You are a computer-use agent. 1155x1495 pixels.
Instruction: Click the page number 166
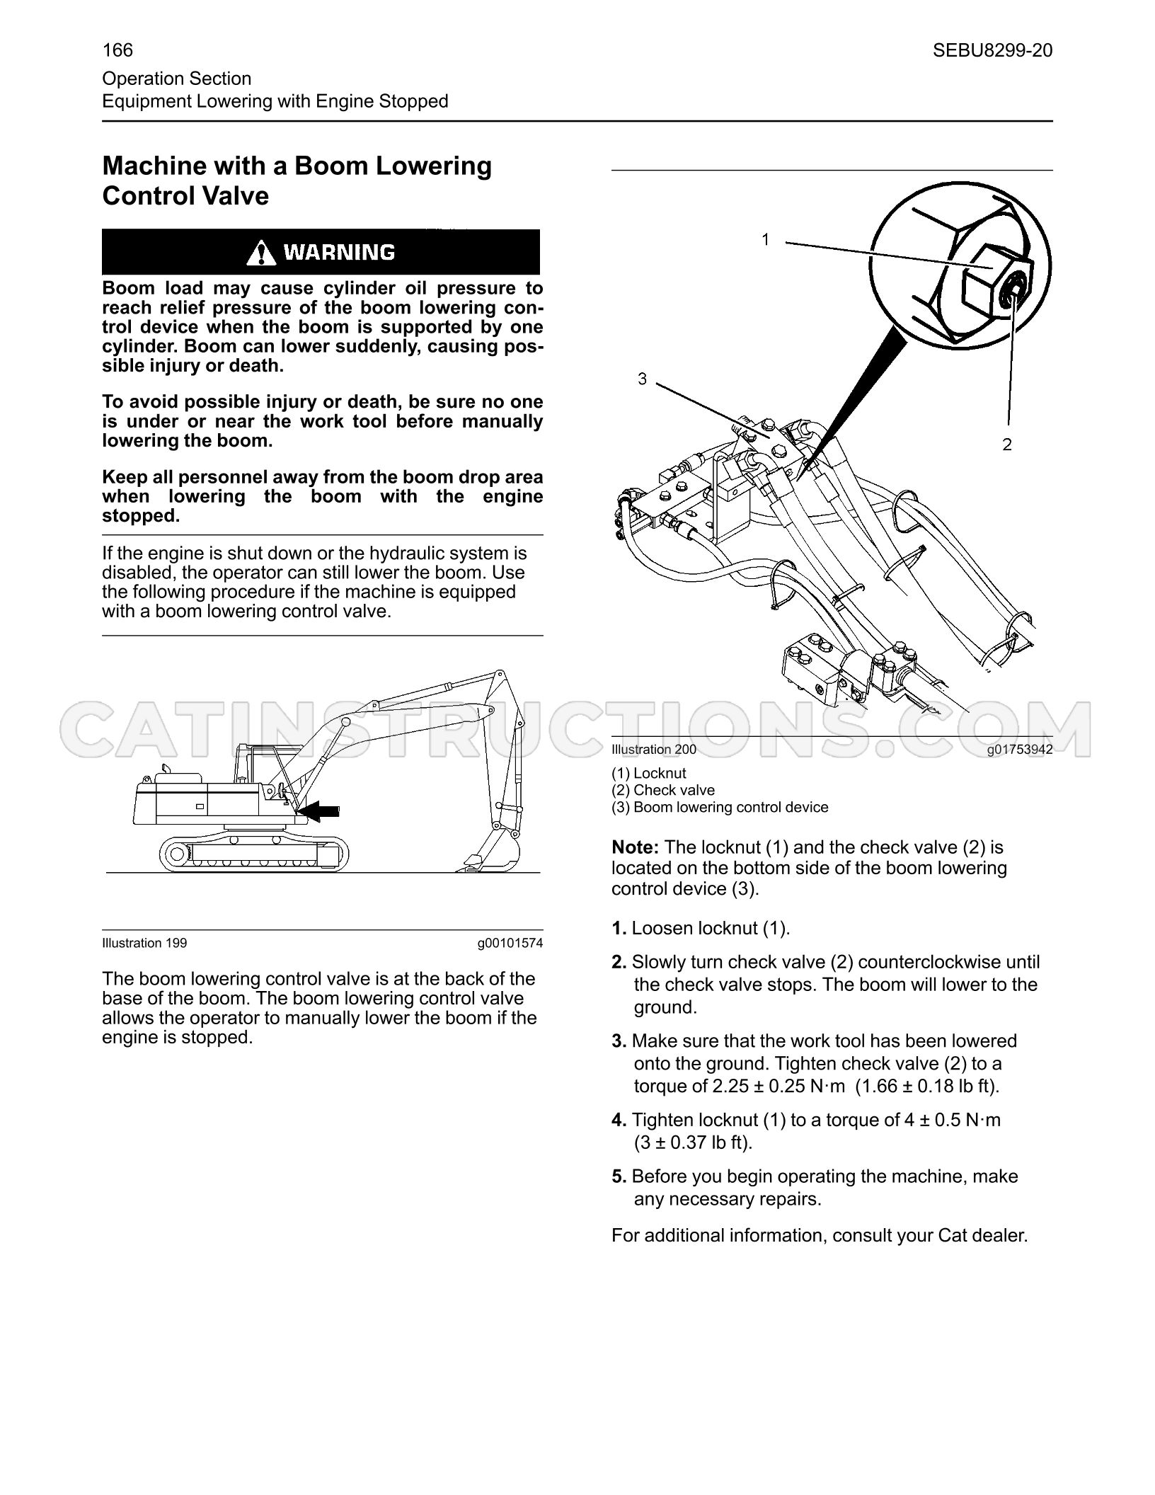point(117,50)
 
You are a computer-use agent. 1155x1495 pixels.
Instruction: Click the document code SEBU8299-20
point(992,50)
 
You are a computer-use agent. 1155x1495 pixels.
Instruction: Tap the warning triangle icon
point(262,252)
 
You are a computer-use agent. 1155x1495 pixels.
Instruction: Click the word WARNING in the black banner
point(339,252)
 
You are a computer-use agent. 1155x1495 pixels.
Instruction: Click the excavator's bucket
point(491,852)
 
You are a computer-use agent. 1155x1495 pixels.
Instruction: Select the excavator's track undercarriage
point(255,853)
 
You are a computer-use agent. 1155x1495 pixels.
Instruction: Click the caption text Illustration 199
point(144,943)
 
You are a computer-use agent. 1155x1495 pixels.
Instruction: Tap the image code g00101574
point(510,943)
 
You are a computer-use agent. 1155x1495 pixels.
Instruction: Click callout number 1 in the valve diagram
point(765,240)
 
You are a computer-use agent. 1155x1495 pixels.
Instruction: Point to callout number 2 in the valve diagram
point(1007,445)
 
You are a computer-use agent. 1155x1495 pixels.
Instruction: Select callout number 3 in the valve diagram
point(642,379)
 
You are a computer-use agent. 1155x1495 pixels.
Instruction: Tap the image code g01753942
point(1020,750)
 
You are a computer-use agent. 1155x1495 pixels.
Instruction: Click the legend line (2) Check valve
point(663,790)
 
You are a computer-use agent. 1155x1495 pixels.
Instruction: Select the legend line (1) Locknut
point(649,774)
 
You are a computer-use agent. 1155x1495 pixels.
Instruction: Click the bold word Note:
point(636,847)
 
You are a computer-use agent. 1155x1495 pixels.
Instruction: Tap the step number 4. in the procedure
point(619,1120)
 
